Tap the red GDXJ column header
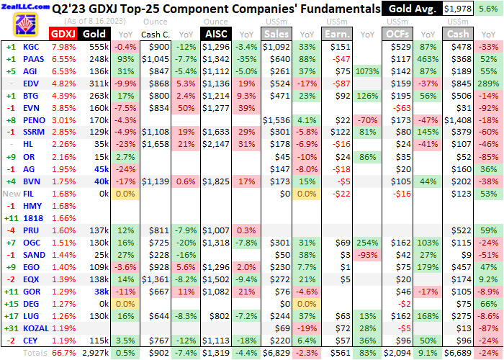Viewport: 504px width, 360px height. tap(62, 34)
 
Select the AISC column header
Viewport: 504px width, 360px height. tap(215, 34)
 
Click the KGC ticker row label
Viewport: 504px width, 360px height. tap(31, 47)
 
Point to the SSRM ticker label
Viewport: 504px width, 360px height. tap(32, 132)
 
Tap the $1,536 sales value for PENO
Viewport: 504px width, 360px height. tap(278, 120)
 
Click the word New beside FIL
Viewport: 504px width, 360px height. tap(11, 194)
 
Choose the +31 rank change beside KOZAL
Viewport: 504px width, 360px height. tap(11, 328)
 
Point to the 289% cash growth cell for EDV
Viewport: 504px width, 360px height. tap(490, 84)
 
